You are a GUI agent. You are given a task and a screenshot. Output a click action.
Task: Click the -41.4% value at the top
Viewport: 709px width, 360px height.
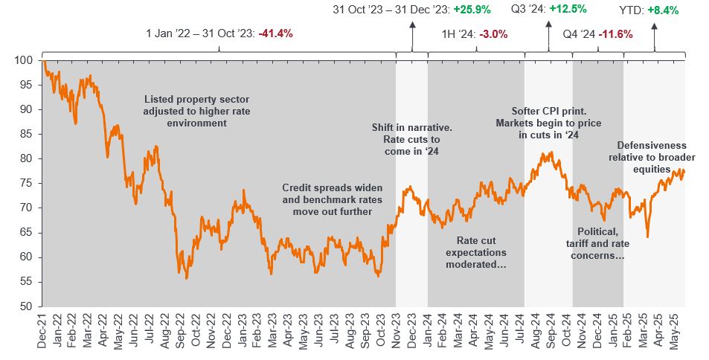pos(275,33)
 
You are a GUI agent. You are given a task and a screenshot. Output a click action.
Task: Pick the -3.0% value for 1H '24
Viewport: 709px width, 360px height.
pos(480,33)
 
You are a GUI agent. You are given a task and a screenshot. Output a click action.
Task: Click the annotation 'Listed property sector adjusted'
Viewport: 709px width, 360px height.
pos(185,110)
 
